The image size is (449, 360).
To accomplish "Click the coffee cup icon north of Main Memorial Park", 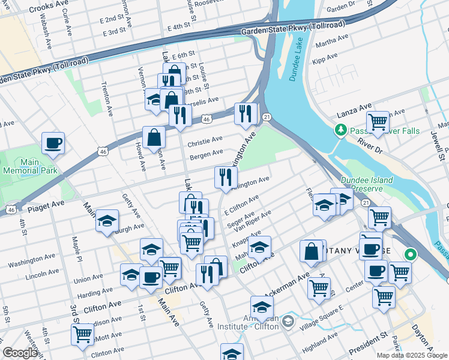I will pyautogui.click(x=53, y=143).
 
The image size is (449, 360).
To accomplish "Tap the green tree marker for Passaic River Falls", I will pyautogui.click(x=341, y=129).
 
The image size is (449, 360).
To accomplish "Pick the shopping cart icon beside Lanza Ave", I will pyautogui.click(x=378, y=122).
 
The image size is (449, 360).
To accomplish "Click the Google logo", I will pyautogui.click(x=20, y=353).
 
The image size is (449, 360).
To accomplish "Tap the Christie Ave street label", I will pyautogui.click(x=205, y=142).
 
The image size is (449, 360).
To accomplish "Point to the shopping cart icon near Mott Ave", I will pyautogui.click(x=82, y=334).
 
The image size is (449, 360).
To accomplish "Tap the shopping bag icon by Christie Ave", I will pyautogui.click(x=154, y=137).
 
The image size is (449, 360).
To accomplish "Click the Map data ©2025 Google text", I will pyautogui.click(x=412, y=355).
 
